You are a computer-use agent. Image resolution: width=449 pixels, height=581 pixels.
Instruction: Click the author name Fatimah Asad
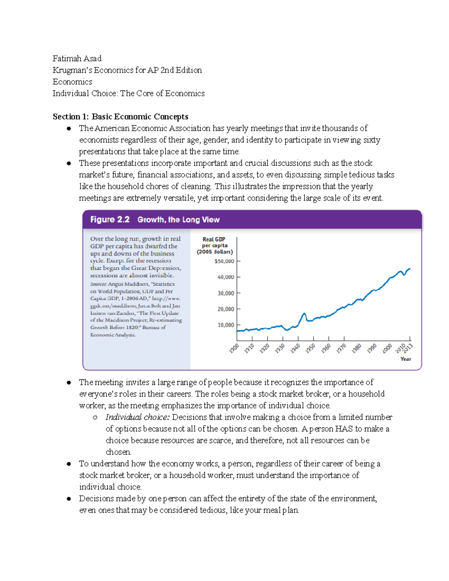click(77, 58)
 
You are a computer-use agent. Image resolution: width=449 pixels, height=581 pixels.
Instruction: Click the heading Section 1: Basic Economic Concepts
click(120, 116)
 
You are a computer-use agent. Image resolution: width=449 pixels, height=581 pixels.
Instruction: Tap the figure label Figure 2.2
click(110, 220)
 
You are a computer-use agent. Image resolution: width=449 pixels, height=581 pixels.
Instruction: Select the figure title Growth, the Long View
click(178, 220)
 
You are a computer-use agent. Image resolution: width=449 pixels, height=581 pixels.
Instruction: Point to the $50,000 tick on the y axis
click(224, 261)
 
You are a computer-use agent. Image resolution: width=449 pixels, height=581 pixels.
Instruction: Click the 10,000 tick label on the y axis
click(226, 325)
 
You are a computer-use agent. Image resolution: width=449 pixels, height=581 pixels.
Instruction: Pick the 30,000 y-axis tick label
click(226, 293)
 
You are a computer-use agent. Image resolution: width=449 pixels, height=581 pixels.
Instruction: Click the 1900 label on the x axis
click(234, 349)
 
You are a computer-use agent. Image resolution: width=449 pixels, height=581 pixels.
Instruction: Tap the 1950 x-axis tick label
click(310, 349)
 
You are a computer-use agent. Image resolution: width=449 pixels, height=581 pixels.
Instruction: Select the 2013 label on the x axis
click(408, 347)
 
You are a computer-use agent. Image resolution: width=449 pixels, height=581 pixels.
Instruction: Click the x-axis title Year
click(406, 359)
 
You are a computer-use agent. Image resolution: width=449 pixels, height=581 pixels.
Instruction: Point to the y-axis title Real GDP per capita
click(214, 245)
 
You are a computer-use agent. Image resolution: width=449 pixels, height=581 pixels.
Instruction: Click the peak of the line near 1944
click(304, 314)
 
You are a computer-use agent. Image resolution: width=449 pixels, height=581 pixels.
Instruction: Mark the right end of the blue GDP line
click(410, 269)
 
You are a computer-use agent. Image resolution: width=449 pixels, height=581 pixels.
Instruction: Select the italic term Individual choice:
click(137, 417)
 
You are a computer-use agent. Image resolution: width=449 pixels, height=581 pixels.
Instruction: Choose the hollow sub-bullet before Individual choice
click(95, 418)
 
